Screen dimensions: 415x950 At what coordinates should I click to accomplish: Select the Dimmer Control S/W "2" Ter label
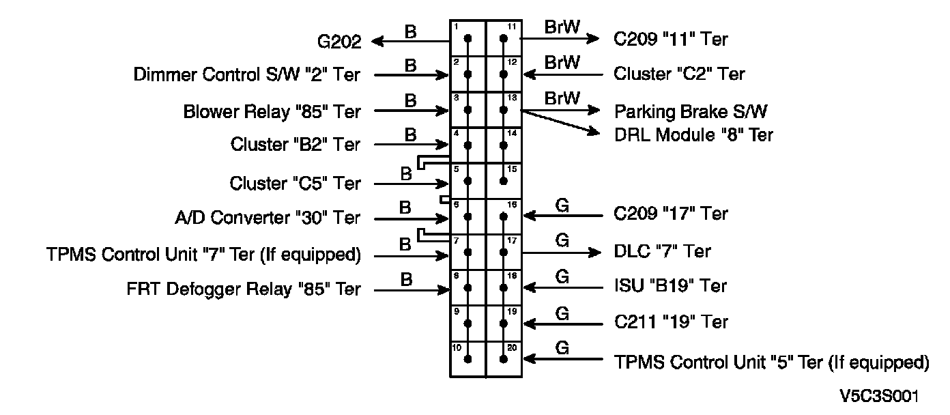pyautogui.click(x=247, y=74)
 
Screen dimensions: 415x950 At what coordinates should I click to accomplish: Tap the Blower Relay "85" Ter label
pyautogui.click(x=272, y=111)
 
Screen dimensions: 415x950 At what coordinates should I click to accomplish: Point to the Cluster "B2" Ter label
pyautogui.click(x=296, y=145)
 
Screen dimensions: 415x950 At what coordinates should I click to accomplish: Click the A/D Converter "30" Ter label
pyautogui.click(x=268, y=218)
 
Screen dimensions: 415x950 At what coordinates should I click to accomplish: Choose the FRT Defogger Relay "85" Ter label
pyautogui.click(x=244, y=289)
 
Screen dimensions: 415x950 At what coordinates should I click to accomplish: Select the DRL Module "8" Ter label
pyautogui.click(x=693, y=134)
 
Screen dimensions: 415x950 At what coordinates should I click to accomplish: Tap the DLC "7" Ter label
pyautogui.click(x=662, y=252)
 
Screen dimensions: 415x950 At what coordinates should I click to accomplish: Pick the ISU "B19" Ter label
pyautogui.click(x=670, y=285)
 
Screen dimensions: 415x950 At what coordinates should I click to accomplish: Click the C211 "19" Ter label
pyautogui.click(x=671, y=321)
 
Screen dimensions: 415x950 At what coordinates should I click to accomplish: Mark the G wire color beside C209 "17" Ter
pyautogui.click(x=562, y=205)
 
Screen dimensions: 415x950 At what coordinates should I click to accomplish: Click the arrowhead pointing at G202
pyautogui.click(x=377, y=42)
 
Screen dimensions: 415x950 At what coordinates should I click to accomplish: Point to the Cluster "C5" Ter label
pyautogui.click(x=296, y=184)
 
